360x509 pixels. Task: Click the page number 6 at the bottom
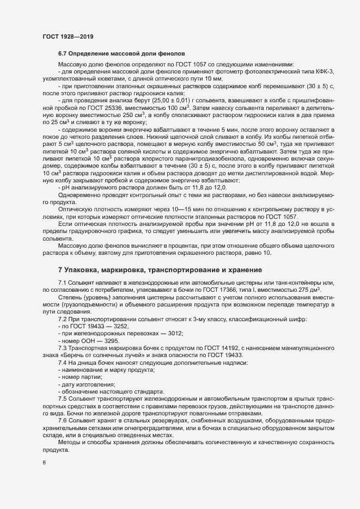click(44, 463)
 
